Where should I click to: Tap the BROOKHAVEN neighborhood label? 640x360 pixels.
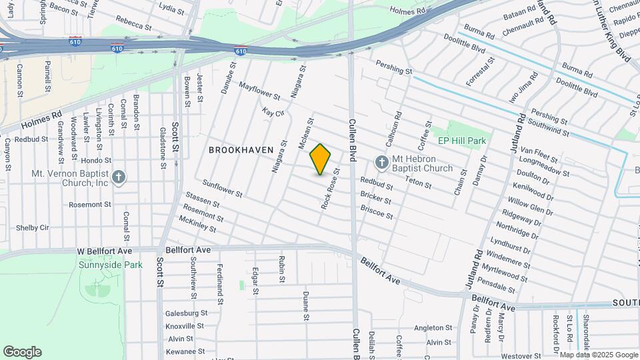241,150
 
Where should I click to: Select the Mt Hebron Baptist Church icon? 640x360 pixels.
381,161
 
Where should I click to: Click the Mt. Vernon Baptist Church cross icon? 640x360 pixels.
119,177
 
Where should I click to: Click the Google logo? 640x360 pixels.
22,352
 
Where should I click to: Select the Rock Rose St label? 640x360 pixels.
330,189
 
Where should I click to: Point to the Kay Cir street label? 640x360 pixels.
273,115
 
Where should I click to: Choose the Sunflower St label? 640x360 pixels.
222,188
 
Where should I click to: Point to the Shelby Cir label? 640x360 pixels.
33,227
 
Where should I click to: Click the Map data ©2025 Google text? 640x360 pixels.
598,355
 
